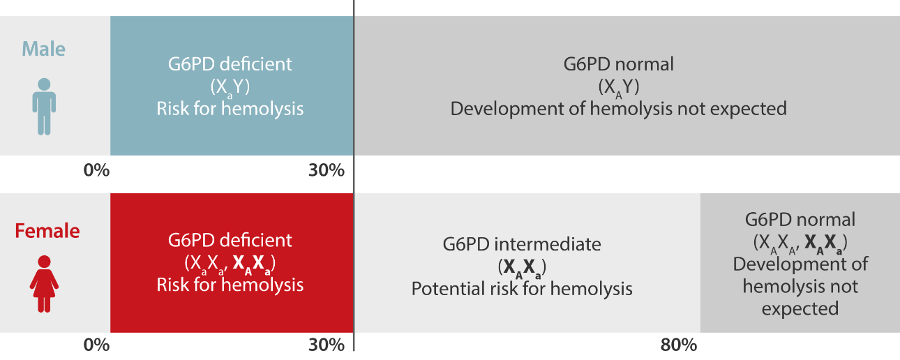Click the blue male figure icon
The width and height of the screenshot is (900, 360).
[x=43, y=106]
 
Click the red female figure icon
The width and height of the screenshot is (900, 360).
[x=43, y=283]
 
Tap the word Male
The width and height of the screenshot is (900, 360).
[x=43, y=49]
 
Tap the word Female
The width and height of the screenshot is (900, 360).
[x=47, y=231]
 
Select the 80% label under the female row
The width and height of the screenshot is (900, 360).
[x=678, y=345]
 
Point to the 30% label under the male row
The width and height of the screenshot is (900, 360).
[x=326, y=170]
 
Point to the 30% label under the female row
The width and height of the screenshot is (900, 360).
[x=326, y=345]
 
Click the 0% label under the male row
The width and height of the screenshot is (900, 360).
[x=96, y=170]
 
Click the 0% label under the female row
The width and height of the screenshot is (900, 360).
[x=96, y=345]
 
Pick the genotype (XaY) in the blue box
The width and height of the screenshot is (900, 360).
[x=230, y=87]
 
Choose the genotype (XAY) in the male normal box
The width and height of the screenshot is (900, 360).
[x=619, y=87]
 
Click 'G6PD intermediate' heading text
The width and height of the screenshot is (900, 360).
[x=521, y=244]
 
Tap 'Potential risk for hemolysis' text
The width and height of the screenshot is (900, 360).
[x=521, y=288]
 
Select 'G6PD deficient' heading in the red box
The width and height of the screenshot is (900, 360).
[x=230, y=241]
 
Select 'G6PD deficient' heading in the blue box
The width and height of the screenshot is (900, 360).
[x=230, y=64]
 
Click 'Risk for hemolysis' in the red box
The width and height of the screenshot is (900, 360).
[x=230, y=285]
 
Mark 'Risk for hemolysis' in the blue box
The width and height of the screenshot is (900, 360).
[x=230, y=109]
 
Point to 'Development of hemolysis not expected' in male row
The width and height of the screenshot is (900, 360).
[x=618, y=109]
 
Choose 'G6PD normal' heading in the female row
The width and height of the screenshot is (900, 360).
[x=800, y=219]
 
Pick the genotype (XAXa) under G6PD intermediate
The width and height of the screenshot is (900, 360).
[x=521, y=267]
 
